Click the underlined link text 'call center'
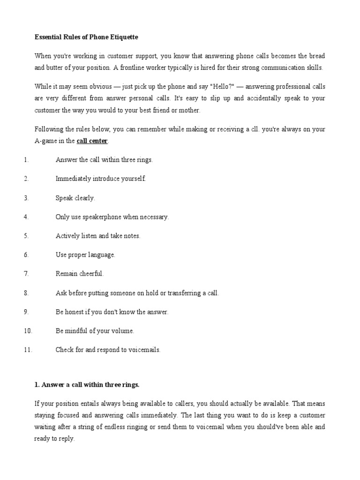[x=92, y=141]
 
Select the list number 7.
[x=26, y=273]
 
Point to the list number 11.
[x=28, y=350]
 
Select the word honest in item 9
[x=76, y=312]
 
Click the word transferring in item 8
[x=178, y=293]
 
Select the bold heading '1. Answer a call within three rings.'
[x=87, y=385]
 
